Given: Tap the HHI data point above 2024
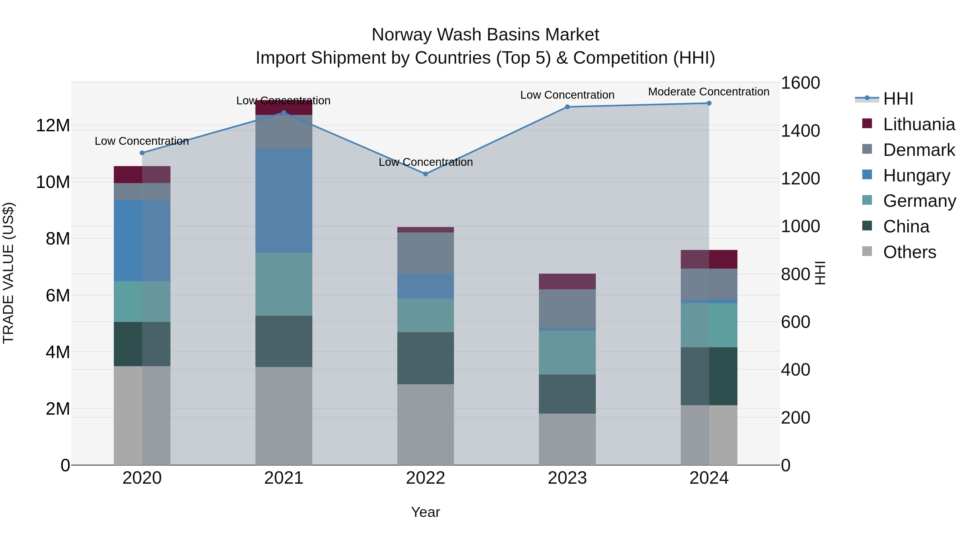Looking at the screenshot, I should click(x=709, y=103).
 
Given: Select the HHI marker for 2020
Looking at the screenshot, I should click(x=142, y=153).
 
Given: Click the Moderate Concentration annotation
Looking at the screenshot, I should click(x=709, y=92).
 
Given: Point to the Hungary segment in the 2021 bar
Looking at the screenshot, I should click(x=284, y=200).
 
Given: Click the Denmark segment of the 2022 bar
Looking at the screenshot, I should click(x=426, y=253).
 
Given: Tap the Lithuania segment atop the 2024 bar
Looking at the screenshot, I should click(x=709, y=259).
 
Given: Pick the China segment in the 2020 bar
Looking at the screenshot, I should click(x=142, y=344).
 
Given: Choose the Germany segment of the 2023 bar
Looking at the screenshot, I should click(x=567, y=352).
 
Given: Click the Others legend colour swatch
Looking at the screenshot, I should click(x=867, y=251).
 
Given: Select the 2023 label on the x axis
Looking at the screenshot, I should click(x=567, y=478).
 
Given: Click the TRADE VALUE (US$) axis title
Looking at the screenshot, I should click(x=8, y=273).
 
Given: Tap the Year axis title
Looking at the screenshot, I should click(x=426, y=512).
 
